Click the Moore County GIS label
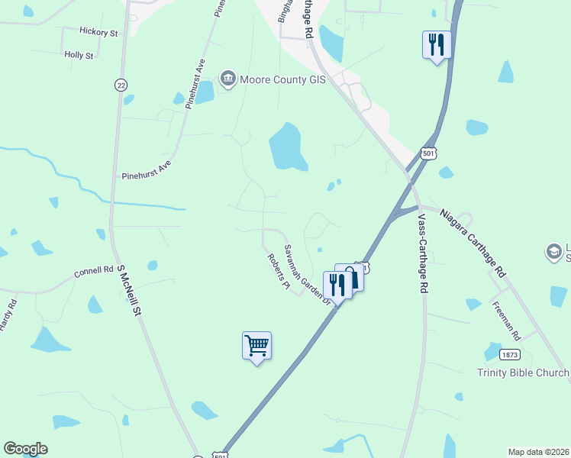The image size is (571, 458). pyautogui.click(x=283, y=79)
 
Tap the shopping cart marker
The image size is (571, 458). pyautogui.click(x=256, y=346)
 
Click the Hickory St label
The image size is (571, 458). pyautogui.click(x=98, y=32)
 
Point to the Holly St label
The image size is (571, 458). pyautogui.click(x=79, y=55)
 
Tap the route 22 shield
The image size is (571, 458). pyautogui.click(x=121, y=85)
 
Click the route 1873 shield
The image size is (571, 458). pyautogui.click(x=510, y=355)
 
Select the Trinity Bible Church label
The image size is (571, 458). pyautogui.click(x=524, y=373)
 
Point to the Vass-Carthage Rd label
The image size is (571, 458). pyautogui.click(x=422, y=252)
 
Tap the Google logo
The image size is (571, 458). pyautogui.click(x=25, y=449)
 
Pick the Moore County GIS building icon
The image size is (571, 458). pyautogui.click(x=227, y=78)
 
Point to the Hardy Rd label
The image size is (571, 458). pyautogui.click(x=9, y=314)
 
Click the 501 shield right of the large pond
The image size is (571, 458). pyautogui.click(x=428, y=154)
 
